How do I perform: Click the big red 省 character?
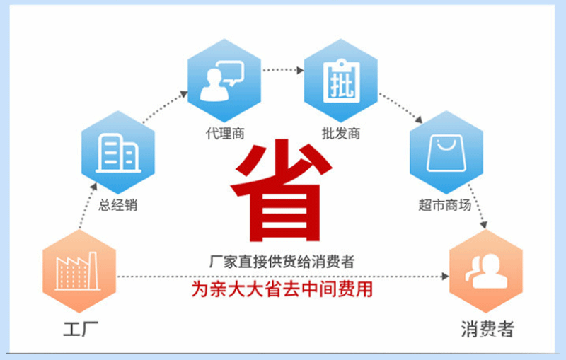(281, 190)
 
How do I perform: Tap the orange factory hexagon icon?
(79, 272)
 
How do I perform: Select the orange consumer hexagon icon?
(486, 272)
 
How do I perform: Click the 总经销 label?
(118, 205)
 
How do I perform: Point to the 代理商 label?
(225, 134)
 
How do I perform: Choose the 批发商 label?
(341, 134)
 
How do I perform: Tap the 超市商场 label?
(445, 205)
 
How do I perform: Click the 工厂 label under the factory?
(81, 329)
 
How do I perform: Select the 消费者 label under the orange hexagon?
(487, 329)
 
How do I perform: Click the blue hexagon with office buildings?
(118, 152)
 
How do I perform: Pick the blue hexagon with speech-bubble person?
(224, 81)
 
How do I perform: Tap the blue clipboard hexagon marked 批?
(341, 81)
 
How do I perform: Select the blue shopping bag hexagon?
(446, 152)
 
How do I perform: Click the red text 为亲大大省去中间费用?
(282, 289)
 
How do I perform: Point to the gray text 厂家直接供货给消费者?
(282, 262)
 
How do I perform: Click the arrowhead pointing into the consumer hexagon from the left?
(446, 277)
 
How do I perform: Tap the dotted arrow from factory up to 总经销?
(88, 206)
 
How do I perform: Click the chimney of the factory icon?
(93, 270)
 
